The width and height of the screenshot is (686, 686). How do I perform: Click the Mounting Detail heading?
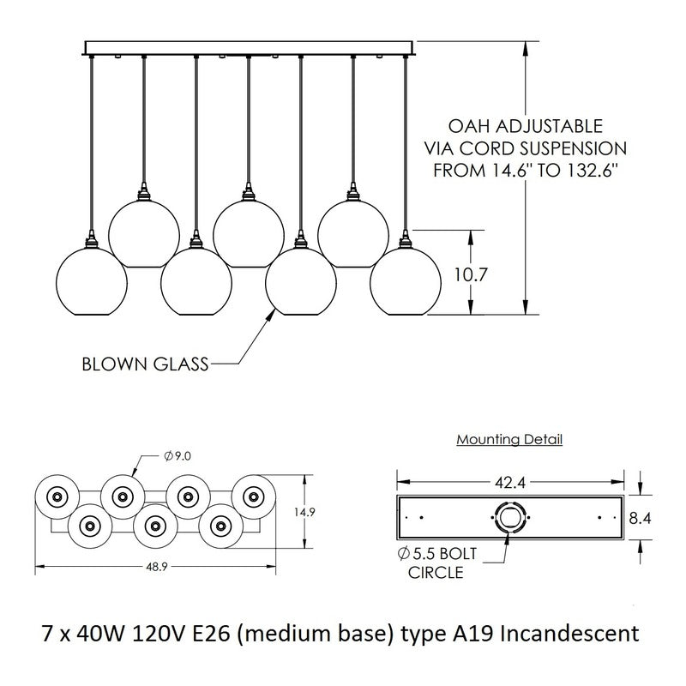click(509, 440)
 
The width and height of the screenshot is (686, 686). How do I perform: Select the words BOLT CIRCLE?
click(444, 563)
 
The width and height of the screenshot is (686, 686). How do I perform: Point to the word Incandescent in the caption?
click(569, 635)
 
